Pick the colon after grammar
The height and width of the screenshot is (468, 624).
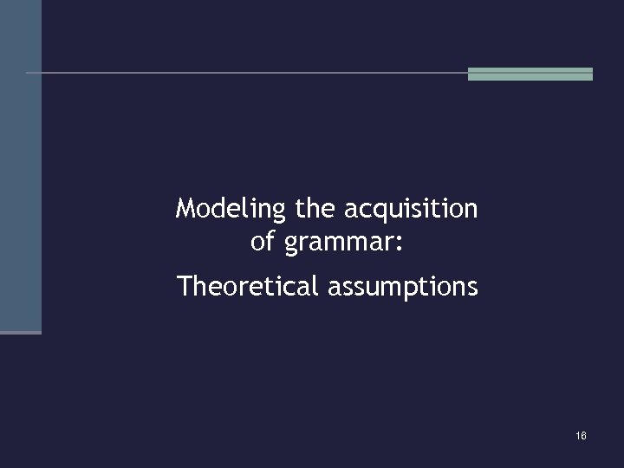click(x=399, y=244)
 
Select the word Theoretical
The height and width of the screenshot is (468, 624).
click(x=249, y=285)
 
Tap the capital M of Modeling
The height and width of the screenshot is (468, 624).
click(x=185, y=209)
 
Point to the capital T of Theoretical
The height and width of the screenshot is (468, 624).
click(x=183, y=285)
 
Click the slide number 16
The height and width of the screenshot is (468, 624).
click(x=581, y=435)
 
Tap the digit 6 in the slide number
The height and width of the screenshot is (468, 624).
click(x=583, y=435)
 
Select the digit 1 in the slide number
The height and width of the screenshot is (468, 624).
click(x=577, y=435)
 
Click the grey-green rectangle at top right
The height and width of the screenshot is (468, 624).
click(x=530, y=74)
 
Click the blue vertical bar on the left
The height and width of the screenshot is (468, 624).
click(x=20, y=165)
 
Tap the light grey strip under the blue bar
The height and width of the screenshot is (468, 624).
click(x=20, y=332)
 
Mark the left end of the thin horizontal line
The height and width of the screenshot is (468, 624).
click(x=29, y=73)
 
